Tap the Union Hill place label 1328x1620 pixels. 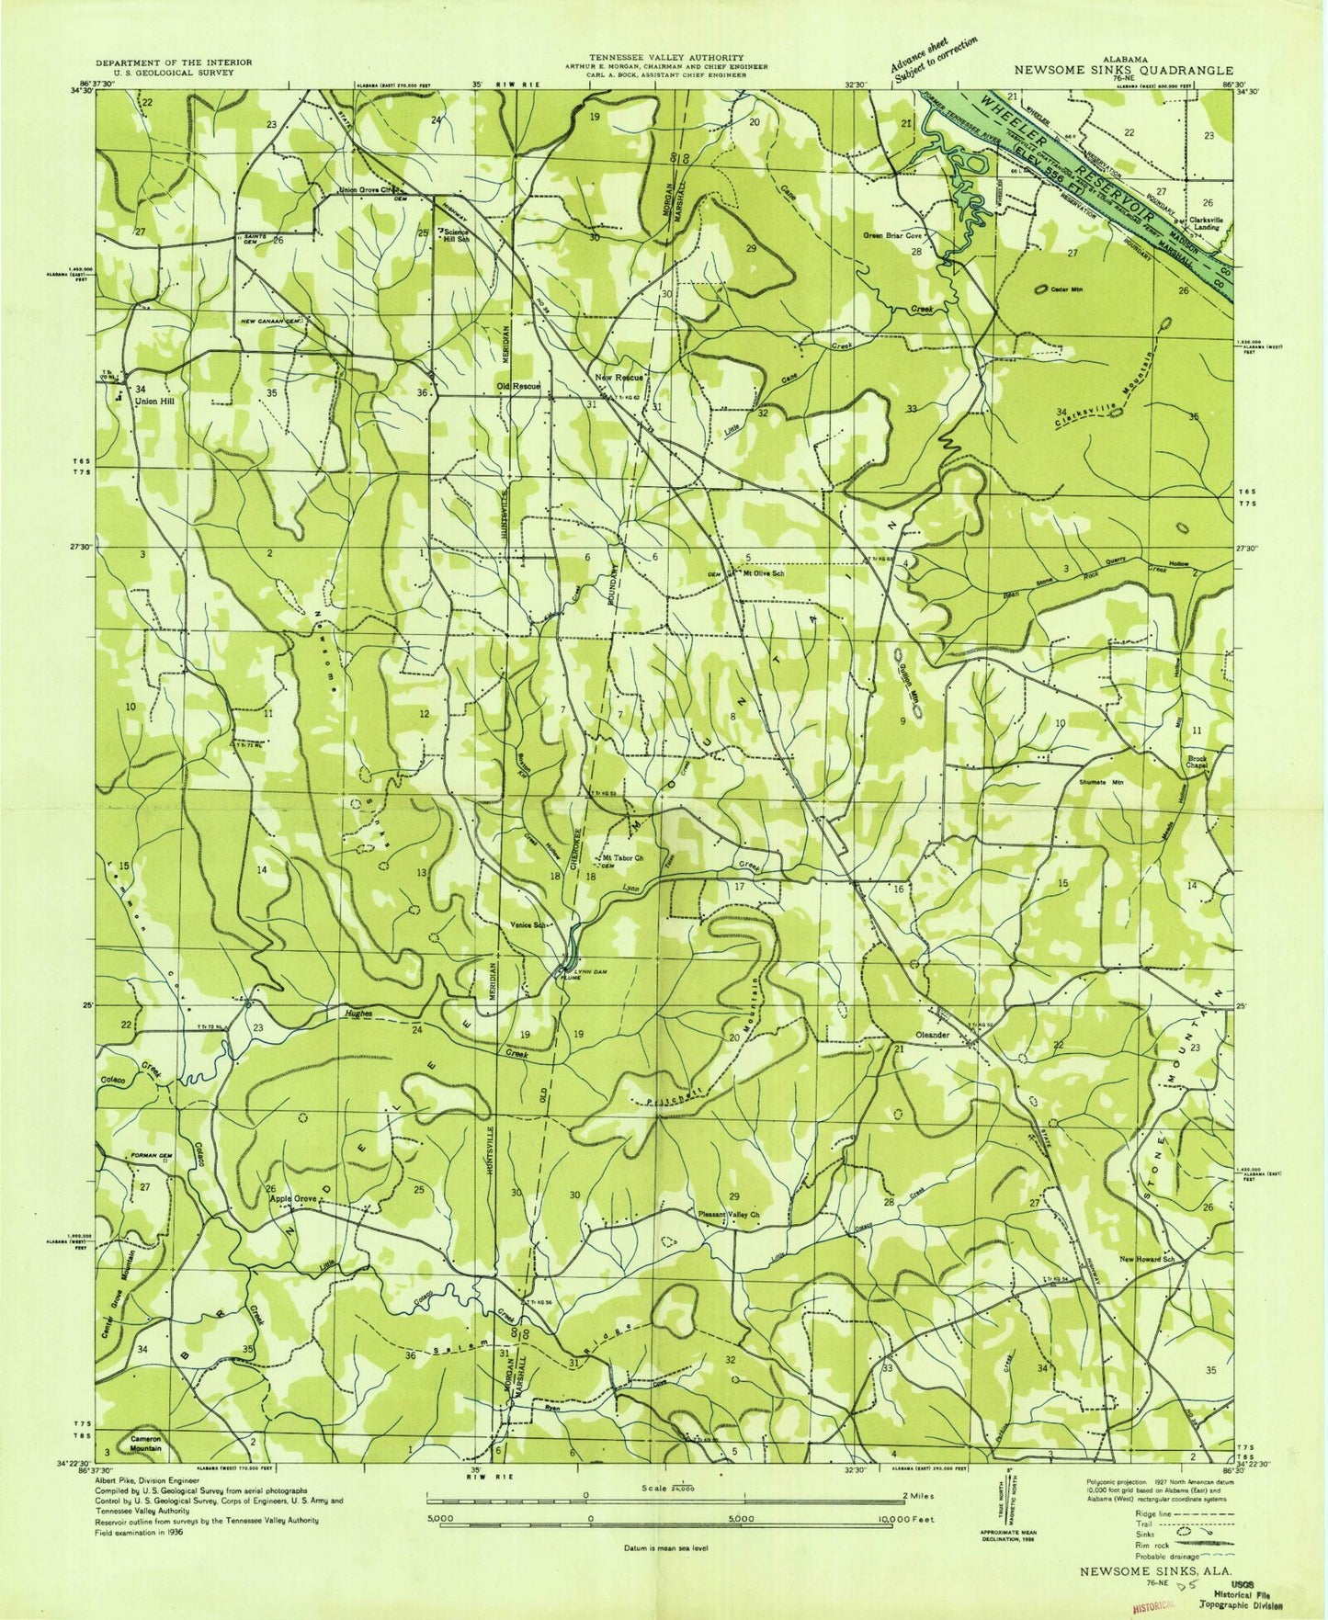click(154, 401)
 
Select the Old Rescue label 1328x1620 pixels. click(518, 386)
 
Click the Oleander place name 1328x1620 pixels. click(933, 1035)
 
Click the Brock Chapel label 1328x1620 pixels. click(1196, 763)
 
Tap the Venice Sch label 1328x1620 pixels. click(530, 926)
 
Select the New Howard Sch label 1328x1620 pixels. click(1147, 1259)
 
